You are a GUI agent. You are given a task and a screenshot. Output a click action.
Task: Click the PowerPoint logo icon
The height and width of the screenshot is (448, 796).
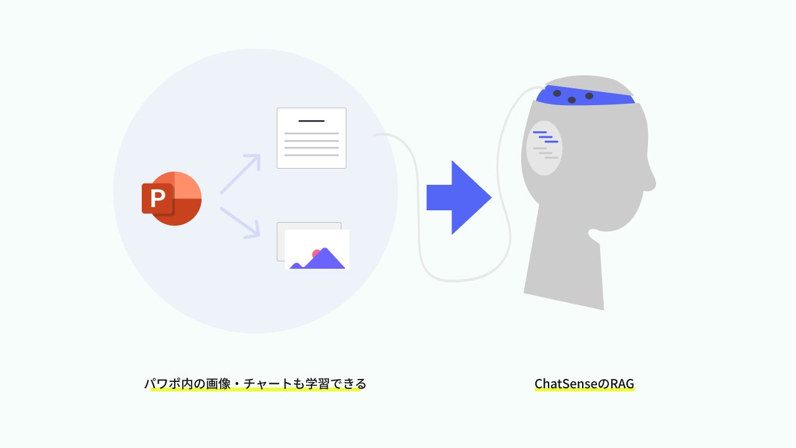tap(172, 198)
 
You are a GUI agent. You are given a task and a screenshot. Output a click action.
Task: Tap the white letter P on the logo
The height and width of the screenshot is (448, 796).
tap(157, 198)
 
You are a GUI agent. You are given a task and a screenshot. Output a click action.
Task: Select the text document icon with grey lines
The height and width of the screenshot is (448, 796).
tap(311, 138)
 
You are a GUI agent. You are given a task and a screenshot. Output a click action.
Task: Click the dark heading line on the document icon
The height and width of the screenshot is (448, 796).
tap(311, 121)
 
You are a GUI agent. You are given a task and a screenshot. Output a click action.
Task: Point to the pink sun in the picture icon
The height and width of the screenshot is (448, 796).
tap(317, 254)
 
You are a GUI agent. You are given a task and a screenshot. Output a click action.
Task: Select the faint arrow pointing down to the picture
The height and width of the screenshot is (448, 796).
tap(241, 222)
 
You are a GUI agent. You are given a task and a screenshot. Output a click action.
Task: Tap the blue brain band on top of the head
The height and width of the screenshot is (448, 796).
tap(585, 96)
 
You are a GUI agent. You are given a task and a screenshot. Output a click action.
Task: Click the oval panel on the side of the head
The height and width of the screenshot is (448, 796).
tap(544, 148)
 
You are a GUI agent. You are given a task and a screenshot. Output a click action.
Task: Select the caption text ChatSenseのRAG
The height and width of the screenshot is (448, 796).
tap(584, 384)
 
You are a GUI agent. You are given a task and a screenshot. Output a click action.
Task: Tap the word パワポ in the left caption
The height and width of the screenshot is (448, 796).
tap(161, 383)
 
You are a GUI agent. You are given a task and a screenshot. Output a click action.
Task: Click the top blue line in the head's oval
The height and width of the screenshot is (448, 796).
tap(539, 132)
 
